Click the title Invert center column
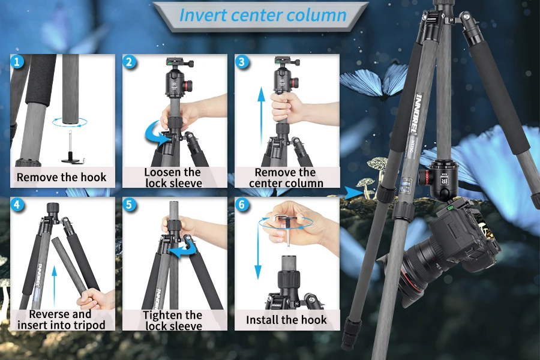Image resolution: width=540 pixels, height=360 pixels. pyautogui.click(x=263, y=15)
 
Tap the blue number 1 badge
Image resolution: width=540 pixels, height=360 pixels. pyautogui.click(x=17, y=62)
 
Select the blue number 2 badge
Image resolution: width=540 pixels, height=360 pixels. pyautogui.click(x=129, y=62)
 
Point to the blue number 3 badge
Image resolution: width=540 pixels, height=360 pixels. pyautogui.click(x=242, y=62)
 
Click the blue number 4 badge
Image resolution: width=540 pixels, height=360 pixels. pyautogui.click(x=17, y=205)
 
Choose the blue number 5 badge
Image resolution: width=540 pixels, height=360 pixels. pyautogui.click(x=129, y=205)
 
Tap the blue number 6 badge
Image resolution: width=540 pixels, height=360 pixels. pyautogui.click(x=242, y=205)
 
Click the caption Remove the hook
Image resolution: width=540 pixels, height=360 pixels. pyautogui.click(x=61, y=178)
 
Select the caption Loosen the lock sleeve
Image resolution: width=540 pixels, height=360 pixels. pyautogui.click(x=173, y=178)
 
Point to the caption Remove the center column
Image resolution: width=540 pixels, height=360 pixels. pyautogui.click(x=286, y=178)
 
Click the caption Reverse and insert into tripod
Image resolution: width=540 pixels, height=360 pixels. pyautogui.click(x=61, y=319)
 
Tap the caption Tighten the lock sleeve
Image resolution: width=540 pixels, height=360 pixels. pyautogui.click(x=173, y=320)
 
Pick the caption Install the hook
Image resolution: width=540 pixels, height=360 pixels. pyautogui.click(x=286, y=320)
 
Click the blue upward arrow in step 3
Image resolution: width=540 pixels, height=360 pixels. pyautogui.click(x=262, y=116)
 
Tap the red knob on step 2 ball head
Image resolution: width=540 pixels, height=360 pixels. pyautogui.click(x=188, y=84)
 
